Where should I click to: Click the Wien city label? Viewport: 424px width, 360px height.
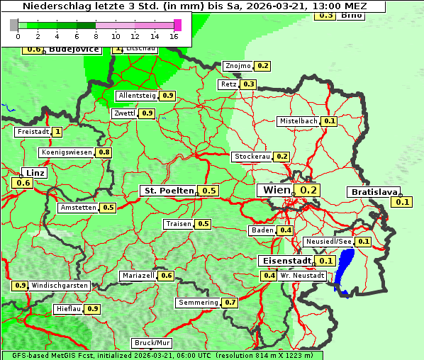click(276, 190)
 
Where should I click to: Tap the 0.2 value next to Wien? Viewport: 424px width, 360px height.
click(309, 190)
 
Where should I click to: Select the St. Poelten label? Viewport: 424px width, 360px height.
click(168, 191)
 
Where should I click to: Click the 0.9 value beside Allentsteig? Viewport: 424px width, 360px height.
click(167, 96)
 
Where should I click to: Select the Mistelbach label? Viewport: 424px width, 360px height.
click(298, 121)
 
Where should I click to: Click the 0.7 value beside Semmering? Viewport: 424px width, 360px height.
click(230, 303)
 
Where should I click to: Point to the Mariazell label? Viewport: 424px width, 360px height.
click(138, 276)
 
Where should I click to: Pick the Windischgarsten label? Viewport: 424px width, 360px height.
click(60, 286)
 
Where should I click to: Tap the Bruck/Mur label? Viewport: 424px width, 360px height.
click(152, 343)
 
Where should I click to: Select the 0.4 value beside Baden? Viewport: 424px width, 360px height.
click(286, 230)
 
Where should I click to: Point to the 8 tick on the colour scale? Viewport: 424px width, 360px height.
click(96, 35)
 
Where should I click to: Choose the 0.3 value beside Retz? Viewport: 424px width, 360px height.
click(248, 84)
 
